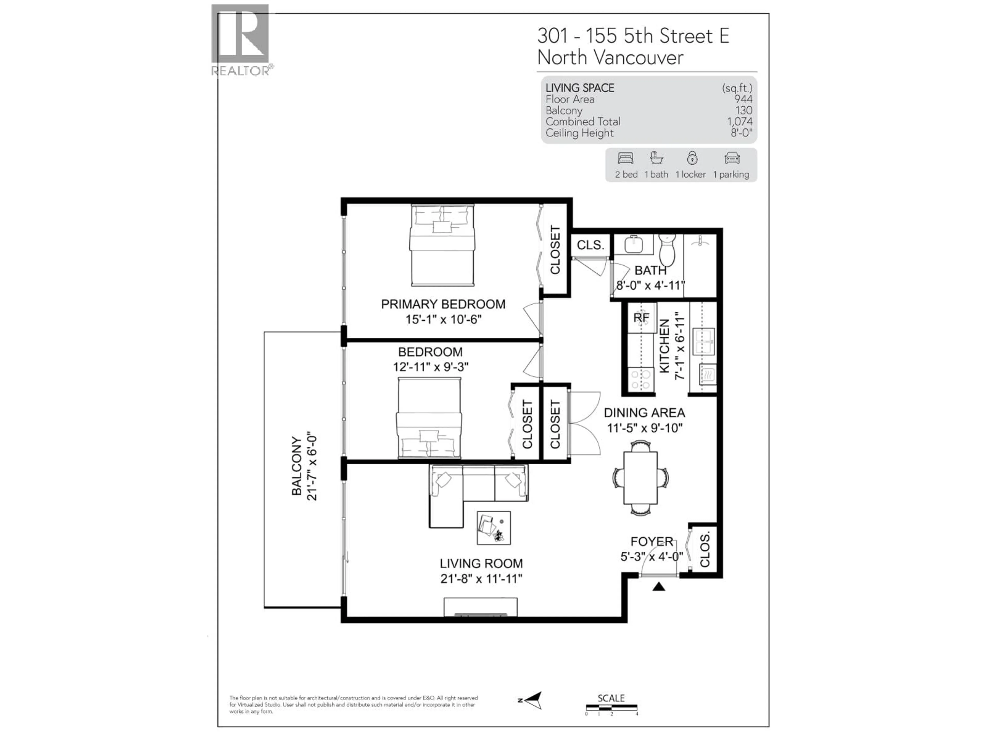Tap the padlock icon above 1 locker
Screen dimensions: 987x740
click(x=692, y=158)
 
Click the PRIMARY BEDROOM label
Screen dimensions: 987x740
click(x=443, y=304)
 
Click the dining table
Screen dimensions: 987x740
click(x=640, y=478)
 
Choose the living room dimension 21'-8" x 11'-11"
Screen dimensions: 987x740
click(x=481, y=579)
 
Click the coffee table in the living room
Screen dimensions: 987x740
click(x=493, y=528)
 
